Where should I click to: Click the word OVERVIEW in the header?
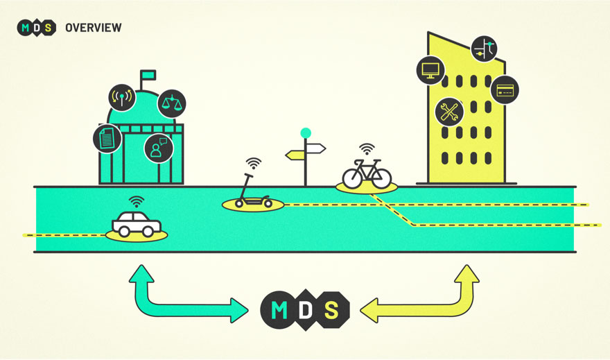point(93,28)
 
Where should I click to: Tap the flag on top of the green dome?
point(148,74)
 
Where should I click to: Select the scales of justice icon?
point(171,104)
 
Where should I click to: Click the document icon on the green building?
point(107,139)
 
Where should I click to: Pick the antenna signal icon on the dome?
point(122,97)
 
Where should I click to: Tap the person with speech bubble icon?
point(159,148)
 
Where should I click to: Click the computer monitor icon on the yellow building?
point(430,70)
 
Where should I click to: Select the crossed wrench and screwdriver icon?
point(449,112)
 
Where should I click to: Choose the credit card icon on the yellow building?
point(505,89)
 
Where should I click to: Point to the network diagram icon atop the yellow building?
point(485,49)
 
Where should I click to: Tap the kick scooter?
point(252,195)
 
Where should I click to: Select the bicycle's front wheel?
point(380,177)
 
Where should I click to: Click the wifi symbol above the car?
point(137,202)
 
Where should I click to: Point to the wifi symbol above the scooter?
point(254,164)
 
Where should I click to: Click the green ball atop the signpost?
point(305,132)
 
